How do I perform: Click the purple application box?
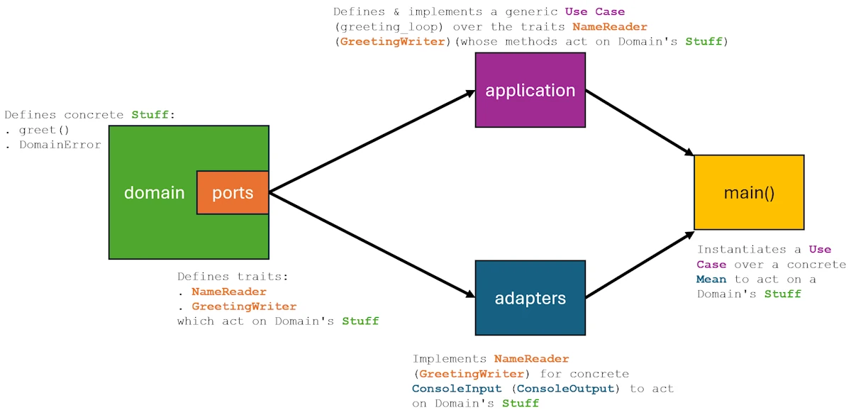tap(530, 90)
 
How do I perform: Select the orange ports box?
tap(233, 192)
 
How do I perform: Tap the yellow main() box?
tap(749, 192)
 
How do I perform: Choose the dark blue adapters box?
tap(530, 298)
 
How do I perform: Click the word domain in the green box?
tap(154, 192)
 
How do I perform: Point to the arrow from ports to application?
tap(372, 141)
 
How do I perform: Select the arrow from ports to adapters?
tap(372, 245)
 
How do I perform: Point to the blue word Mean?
tap(711, 280)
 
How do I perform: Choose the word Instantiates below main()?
tap(742, 250)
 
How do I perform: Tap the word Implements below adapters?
tap(450, 359)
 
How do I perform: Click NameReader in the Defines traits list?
tap(229, 292)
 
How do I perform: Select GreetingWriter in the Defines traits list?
tap(244, 306)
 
